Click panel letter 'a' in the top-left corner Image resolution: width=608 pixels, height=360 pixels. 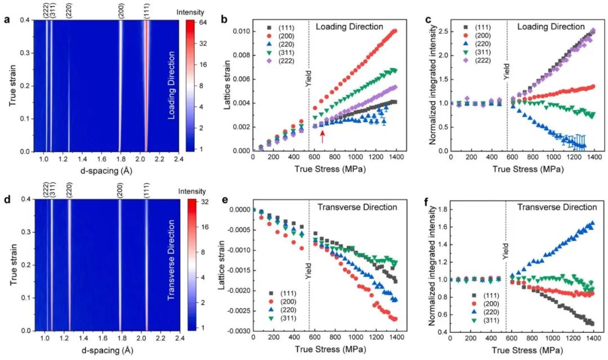pos(7,21)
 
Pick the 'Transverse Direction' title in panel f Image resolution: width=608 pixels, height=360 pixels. pos(549,207)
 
